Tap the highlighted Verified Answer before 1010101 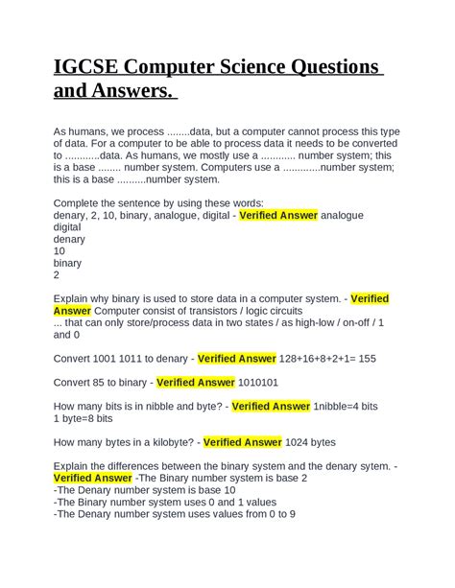click(x=195, y=382)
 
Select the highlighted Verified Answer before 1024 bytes click(x=242, y=442)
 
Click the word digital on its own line click(x=67, y=228)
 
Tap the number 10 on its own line click(x=60, y=251)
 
